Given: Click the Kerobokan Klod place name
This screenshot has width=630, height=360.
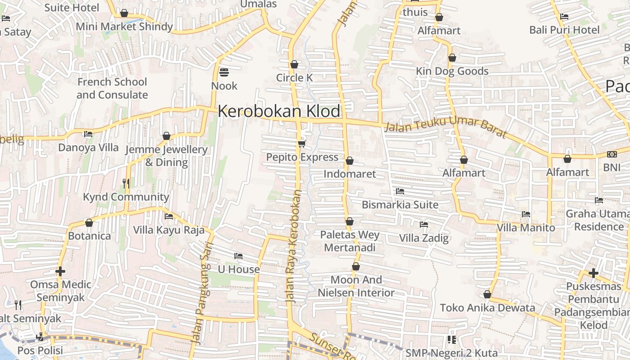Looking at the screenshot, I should (x=279, y=111).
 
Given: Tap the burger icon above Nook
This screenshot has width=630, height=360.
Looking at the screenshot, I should (x=224, y=72).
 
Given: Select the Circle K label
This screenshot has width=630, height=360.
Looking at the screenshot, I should (x=294, y=78).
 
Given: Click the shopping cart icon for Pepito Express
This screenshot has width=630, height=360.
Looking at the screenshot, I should (x=301, y=144).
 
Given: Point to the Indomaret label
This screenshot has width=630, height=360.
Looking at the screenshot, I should (x=350, y=174).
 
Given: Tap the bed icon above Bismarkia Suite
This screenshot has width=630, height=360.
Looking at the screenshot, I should (x=400, y=191).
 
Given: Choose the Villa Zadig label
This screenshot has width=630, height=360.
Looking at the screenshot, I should (x=424, y=238).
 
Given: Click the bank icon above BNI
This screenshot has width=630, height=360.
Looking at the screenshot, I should (x=612, y=154).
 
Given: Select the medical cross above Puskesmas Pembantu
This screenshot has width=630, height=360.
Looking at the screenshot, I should (x=593, y=273).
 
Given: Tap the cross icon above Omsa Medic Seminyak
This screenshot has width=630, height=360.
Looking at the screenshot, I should (x=60, y=271).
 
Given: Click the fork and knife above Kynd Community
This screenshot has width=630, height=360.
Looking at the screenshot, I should (x=126, y=183).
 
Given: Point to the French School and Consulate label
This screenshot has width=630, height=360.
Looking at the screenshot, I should (x=112, y=88).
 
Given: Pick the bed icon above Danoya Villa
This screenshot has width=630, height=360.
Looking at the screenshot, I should (x=88, y=134).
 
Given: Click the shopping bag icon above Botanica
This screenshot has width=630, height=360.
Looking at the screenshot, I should (x=89, y=223).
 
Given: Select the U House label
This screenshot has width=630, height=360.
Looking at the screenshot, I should (x=238, y=270).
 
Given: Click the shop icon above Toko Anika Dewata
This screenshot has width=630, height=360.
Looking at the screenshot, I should (x=487, y=295).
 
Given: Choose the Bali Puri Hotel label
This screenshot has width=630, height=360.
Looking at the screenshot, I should (x=564, y=30).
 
